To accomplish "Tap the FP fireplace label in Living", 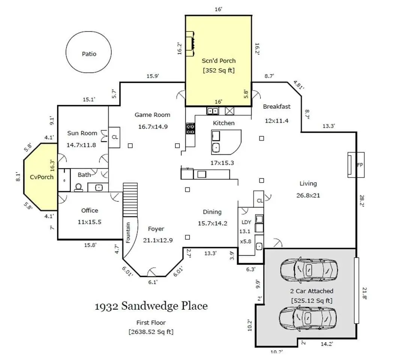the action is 360,165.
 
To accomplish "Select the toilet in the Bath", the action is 79,187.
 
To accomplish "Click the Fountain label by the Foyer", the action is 128,232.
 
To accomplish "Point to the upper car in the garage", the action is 309,270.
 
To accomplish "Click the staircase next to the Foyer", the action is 130,199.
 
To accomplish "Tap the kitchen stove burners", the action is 190,128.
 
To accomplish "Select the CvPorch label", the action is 42,177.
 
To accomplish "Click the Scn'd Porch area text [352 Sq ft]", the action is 218,70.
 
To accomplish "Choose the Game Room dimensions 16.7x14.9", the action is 153,127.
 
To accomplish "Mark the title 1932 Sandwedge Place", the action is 151,306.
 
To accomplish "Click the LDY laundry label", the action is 246,222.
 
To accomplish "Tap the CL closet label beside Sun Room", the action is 115,137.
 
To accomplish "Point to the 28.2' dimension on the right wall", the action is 362,201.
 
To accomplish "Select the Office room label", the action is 90,210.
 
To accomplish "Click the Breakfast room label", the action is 277,106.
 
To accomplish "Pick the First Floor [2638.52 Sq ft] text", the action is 151,327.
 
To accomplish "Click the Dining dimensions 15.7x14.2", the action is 212,223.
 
